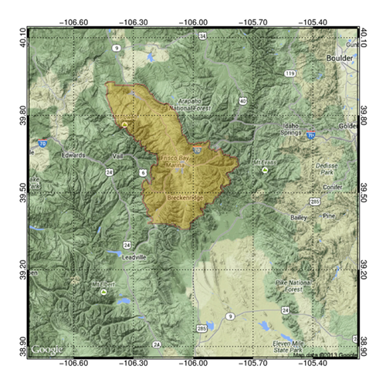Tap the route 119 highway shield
[289, 73]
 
